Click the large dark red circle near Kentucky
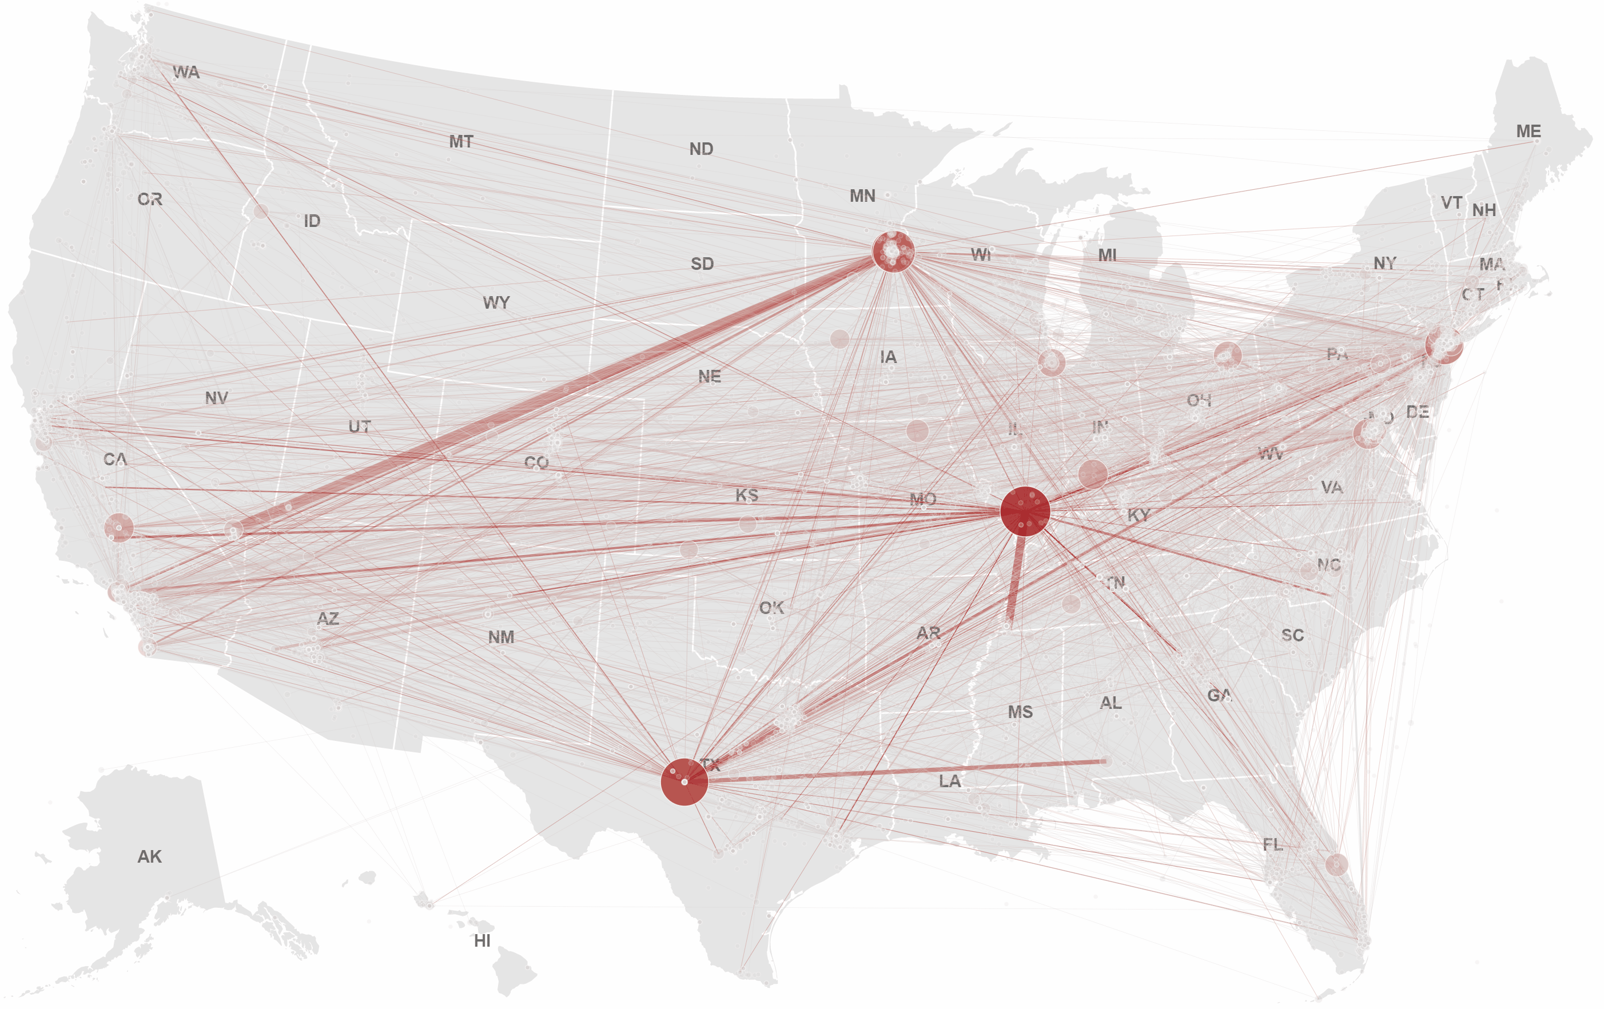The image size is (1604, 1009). point(1025,511)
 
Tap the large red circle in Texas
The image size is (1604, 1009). point(684,782)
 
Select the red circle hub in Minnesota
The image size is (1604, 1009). point(893,252)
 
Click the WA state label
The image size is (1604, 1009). point(186,72)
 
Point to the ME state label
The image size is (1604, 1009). point(1528,131)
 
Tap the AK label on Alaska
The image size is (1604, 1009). point(149,856)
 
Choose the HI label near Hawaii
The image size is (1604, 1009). point(482,940)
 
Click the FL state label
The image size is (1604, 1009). point(1272,844)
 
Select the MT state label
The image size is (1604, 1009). point(461,141)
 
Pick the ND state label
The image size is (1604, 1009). point(700,149)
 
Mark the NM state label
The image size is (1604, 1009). point(501,637)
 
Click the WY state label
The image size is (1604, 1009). point(496,302)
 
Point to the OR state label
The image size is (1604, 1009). point(150,199)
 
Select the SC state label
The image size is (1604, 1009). point(1292,635)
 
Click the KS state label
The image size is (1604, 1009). point(747,495)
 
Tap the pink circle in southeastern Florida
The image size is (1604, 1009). point(1336,864)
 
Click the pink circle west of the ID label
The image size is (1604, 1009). point(260,212)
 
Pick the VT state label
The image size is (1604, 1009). point(1451,202)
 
